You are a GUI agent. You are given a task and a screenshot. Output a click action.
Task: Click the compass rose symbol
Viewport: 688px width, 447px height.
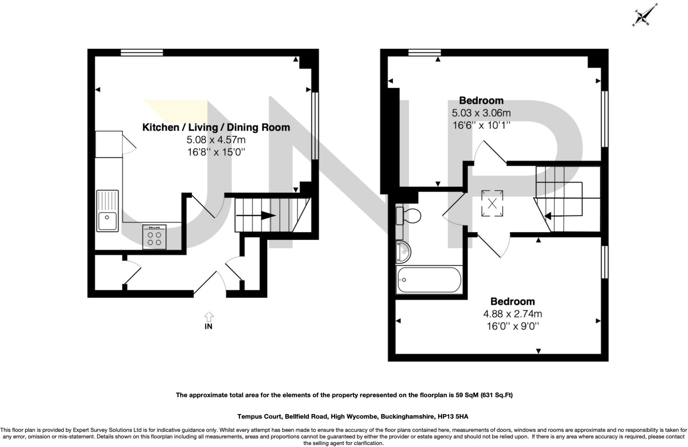(645, 15)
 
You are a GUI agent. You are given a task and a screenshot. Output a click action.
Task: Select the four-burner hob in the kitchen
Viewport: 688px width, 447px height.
(154, 237)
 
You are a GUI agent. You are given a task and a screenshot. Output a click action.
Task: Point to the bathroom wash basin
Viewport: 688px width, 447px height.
(403, 252)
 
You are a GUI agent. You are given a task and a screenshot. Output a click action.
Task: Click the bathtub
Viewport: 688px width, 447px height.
(429, 280)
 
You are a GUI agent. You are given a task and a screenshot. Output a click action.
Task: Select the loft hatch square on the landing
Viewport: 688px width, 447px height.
(492, 203)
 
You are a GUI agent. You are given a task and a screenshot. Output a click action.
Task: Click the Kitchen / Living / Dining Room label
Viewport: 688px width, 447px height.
(216, 128)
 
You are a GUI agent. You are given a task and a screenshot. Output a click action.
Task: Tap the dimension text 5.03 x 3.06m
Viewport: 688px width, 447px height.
(481, 113)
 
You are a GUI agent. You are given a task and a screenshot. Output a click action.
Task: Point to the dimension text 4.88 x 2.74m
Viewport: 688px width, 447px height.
(512, 314)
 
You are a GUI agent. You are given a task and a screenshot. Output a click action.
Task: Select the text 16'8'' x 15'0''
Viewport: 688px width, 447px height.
(216, 152)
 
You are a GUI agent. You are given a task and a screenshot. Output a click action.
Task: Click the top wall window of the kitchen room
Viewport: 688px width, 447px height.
(142, 52)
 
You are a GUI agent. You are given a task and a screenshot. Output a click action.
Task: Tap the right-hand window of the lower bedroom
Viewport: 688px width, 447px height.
(604, 262)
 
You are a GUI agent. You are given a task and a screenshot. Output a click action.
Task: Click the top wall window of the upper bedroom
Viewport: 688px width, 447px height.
(425, 52)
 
